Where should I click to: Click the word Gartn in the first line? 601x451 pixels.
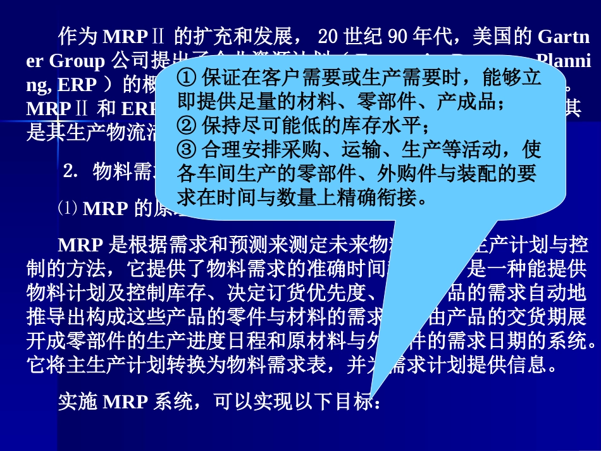pyautogui.click(x=564, y=37)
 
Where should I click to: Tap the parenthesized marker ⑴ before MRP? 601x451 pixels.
pyautogui.click(x=67, y=207)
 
